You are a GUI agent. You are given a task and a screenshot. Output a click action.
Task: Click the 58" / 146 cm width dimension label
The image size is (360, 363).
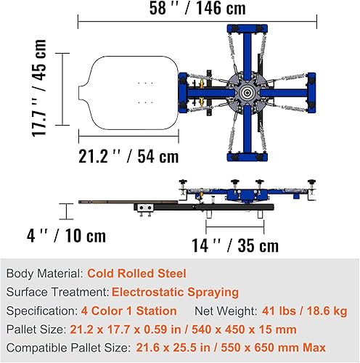197,8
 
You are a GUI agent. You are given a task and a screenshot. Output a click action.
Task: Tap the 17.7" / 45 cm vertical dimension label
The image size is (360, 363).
39,88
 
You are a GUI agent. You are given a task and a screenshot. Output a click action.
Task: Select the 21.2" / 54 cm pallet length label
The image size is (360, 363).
128,156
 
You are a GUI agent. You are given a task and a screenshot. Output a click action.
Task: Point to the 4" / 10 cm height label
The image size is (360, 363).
66,235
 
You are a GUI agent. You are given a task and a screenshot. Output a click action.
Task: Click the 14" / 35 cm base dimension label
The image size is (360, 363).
235,245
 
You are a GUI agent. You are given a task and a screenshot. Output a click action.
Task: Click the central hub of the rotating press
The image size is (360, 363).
247,93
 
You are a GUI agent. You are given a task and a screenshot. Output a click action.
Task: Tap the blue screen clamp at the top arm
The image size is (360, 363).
247,28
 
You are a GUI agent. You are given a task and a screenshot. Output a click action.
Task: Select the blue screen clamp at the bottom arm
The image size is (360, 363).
247,157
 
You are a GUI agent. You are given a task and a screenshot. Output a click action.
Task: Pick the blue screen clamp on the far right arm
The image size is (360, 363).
311,93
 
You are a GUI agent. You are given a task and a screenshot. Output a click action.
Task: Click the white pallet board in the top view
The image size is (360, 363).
128,93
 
